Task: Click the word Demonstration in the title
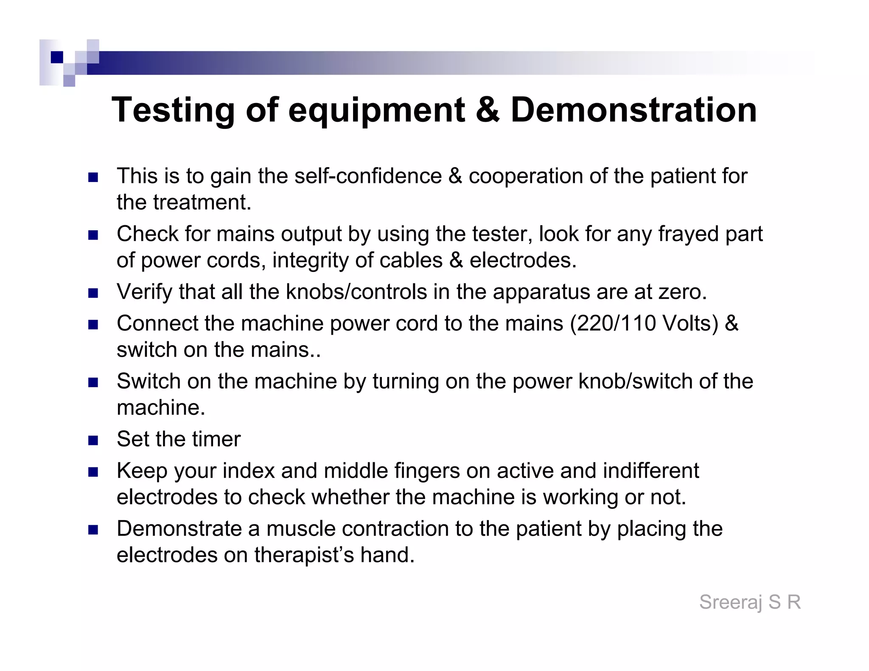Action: (634, 110)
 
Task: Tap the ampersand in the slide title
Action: (488, 110)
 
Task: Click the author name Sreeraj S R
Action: (750, 602)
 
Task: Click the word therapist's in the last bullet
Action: (304, 555)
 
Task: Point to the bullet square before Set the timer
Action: (93, 440)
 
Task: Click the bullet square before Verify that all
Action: (93, 293)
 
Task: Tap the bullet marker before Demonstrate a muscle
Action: (93, 530)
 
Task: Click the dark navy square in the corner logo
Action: (56, 57)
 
